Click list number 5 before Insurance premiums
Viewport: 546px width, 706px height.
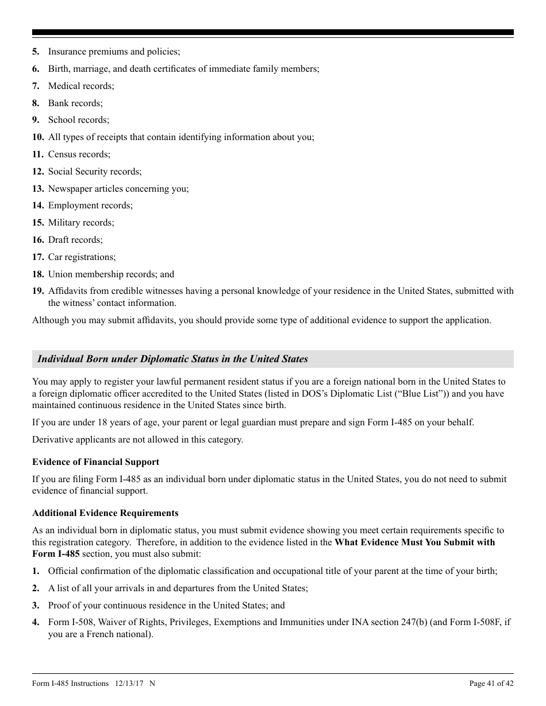point(36,52)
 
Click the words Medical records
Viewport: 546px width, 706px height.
point(80,86)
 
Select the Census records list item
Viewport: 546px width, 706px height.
point(79,154)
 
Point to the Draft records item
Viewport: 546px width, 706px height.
point(75,240)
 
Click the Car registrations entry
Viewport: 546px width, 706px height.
point(82,257)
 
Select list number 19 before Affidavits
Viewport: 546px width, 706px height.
point(38,291)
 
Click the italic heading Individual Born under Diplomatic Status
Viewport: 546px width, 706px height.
point(172,359)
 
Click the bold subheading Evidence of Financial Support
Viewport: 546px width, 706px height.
point(95,462)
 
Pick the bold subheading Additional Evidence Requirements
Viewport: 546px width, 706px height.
point(105,513)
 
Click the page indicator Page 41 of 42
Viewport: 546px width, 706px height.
point(491,684)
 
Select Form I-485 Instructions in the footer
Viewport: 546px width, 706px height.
point(70,684)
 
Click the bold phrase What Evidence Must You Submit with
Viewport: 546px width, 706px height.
point(414,542)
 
